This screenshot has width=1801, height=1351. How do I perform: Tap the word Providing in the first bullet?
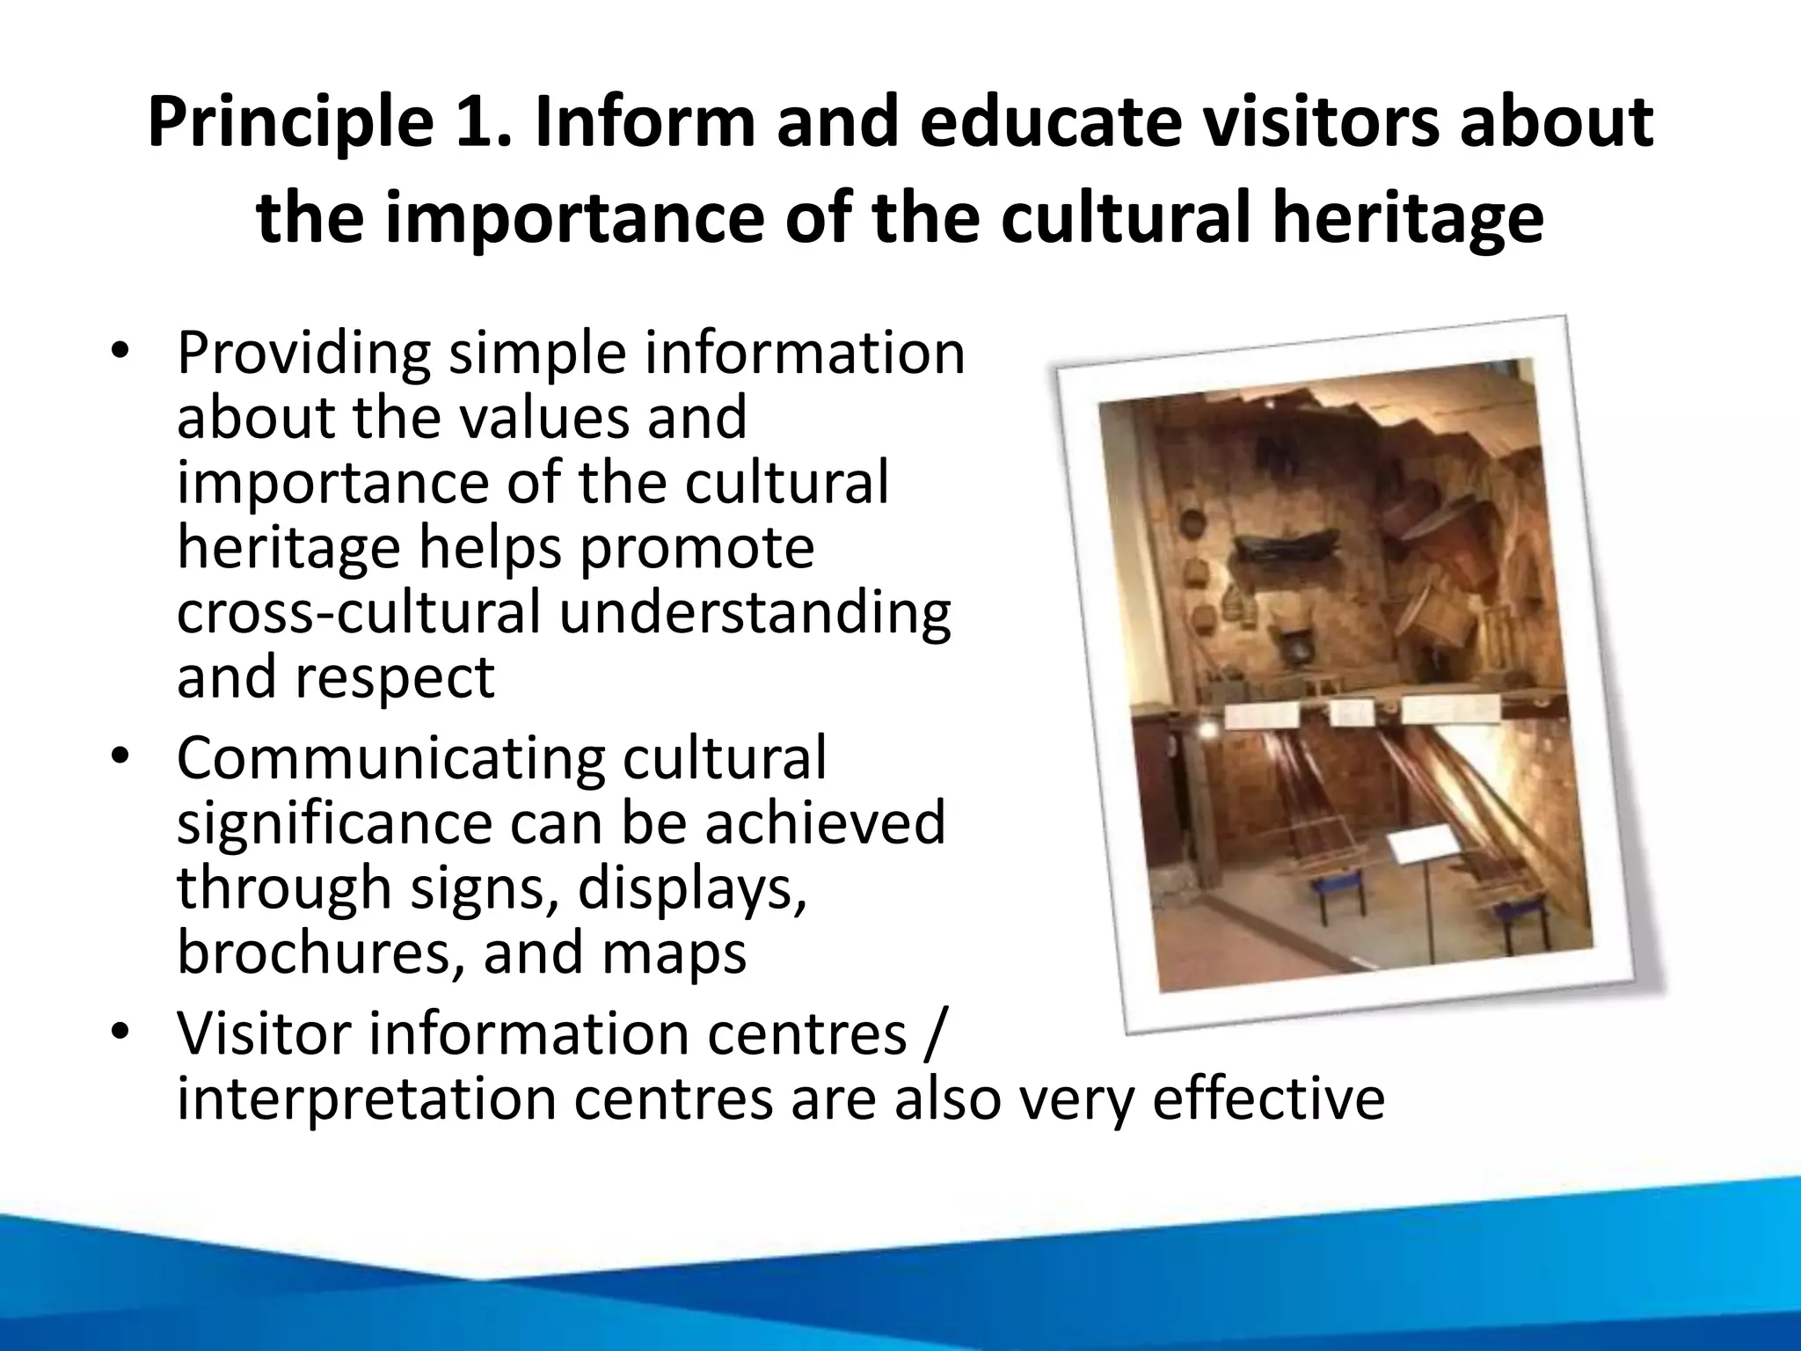click(303, 354)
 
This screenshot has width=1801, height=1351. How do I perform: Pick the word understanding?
click(755, 614)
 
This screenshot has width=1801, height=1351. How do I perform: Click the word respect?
click(394, 676)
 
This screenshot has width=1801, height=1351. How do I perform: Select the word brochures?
click(321, 952)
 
